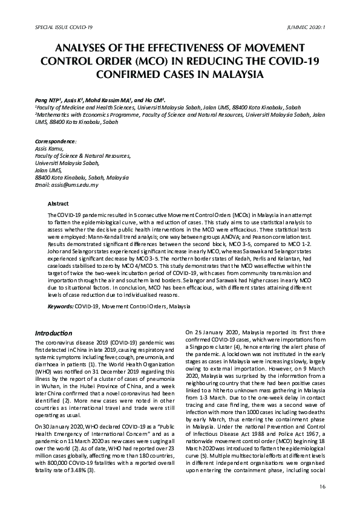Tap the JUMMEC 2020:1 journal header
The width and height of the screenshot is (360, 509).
(x=307, y=28)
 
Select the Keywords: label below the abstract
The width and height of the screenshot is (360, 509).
(x=61, y=306)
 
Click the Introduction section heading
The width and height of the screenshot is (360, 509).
(x=54, y=334)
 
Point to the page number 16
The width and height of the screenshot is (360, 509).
(x=321, y=487)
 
